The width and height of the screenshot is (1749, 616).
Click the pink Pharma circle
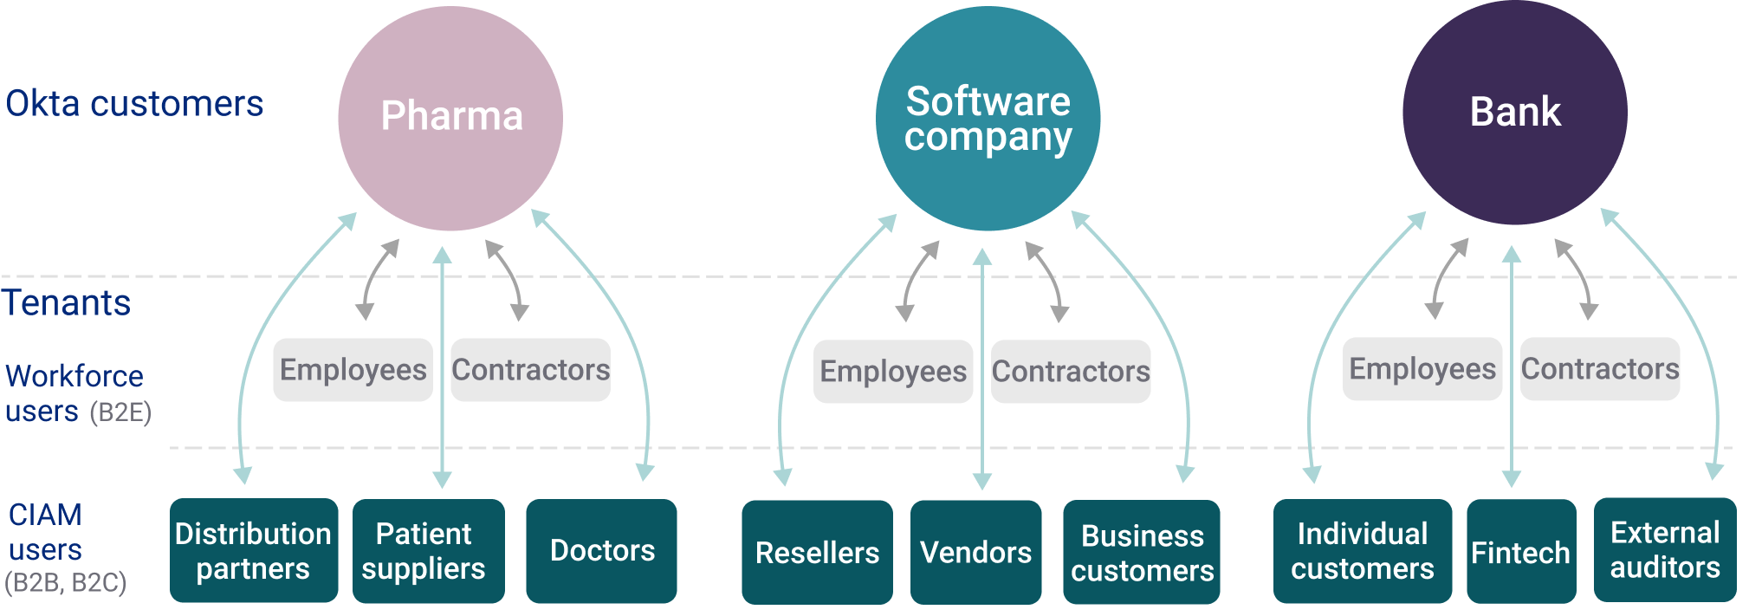[x=450, y=118]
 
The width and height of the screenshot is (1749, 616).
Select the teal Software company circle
[x=988, y=118]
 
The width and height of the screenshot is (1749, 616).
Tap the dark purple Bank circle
[x=1514, y=113]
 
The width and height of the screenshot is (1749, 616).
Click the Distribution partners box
[x=253, y=550]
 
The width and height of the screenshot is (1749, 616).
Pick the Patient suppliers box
[x=428, y=550]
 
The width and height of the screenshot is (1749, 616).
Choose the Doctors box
[x=601, y=550]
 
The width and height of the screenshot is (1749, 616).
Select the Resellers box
[x=817, y=552]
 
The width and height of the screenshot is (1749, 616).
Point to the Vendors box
[x=975, y=552]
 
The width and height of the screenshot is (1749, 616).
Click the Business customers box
[x=1141, y=552]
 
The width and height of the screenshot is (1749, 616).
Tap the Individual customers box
[x=1362, y=550]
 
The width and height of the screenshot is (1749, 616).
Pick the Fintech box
[x=1520, y=552]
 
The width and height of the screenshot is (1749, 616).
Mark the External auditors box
[x=1664, y=549]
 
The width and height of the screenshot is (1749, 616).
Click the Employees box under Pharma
[x=353, y=370]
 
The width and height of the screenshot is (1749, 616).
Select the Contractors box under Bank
[x=1599, y=369]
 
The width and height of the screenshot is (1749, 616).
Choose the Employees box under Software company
[x=892, y=372]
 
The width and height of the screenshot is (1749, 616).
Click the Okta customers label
[x=134, y=104]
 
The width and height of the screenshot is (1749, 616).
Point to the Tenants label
[x=67, y=303]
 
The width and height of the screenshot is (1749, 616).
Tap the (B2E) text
[x=121, y=412]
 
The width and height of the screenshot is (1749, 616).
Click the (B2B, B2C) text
[x=66, y=583]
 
